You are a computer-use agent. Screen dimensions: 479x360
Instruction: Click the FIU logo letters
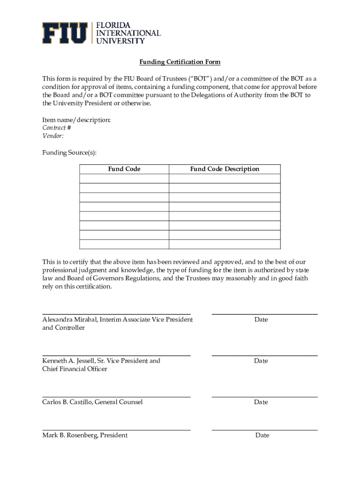tap(65, 33)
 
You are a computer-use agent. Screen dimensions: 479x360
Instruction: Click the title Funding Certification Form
tap(180, 62)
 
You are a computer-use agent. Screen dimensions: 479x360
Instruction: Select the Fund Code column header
tap(124, 169)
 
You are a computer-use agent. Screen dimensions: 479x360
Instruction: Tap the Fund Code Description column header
tap(224, 169)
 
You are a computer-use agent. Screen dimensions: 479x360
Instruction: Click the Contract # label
tap(57, 128)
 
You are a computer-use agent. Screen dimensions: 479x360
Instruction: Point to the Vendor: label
tap(53, 136)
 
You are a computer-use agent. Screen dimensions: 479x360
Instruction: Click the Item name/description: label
tap(77, 120)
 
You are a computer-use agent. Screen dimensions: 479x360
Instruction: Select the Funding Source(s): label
tap(69, 152)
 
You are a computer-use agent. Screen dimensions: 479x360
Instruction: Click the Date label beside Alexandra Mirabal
tap(261, 319)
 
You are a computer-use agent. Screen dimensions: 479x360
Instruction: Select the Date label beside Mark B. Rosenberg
tap(262, 435)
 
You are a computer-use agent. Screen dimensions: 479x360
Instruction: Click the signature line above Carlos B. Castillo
tap(116, 397)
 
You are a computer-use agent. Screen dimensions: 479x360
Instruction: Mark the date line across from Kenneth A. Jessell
tap(265, 356)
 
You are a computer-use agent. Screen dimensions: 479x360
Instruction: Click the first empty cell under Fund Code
tap(124, 178)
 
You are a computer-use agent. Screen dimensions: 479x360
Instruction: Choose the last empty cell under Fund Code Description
tap(224, 244)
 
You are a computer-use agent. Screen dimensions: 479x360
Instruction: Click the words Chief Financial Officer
tap(75, 369)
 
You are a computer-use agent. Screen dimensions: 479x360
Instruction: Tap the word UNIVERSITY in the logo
tap(120, 41)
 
